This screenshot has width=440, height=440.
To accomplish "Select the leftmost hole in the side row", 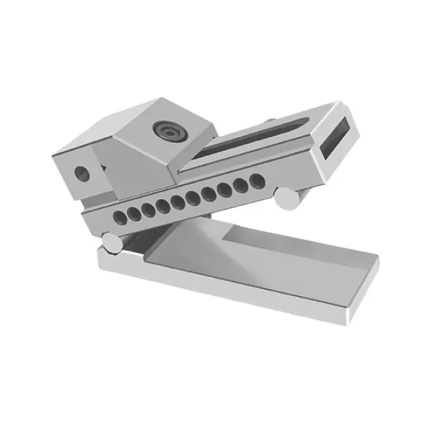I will point(118,217).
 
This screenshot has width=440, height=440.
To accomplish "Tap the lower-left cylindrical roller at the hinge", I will point(111,242).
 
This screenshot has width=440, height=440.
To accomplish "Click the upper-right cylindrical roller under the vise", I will point(288,200).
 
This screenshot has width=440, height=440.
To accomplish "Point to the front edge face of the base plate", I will point(220,289).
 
